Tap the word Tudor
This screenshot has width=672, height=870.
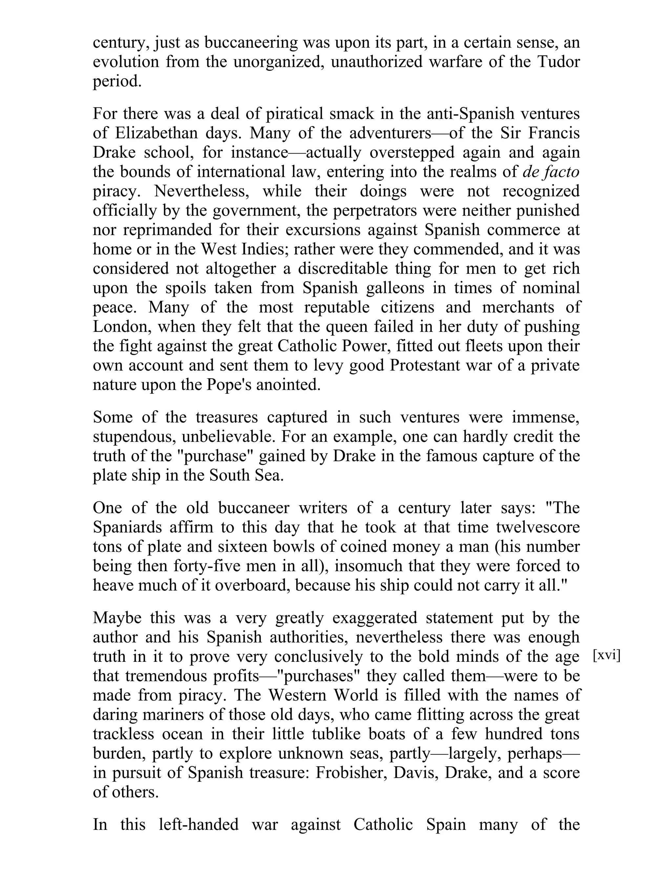pos(558,62)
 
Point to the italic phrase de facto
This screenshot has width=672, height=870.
pos(551,172)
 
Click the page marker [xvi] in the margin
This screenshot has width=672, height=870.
pos(606,655)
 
